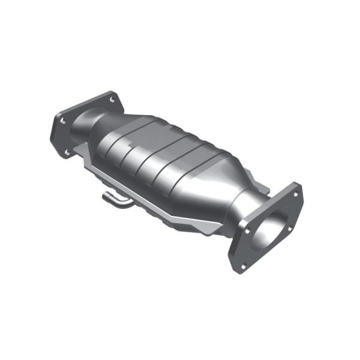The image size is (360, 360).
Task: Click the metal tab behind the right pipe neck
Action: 267,186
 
